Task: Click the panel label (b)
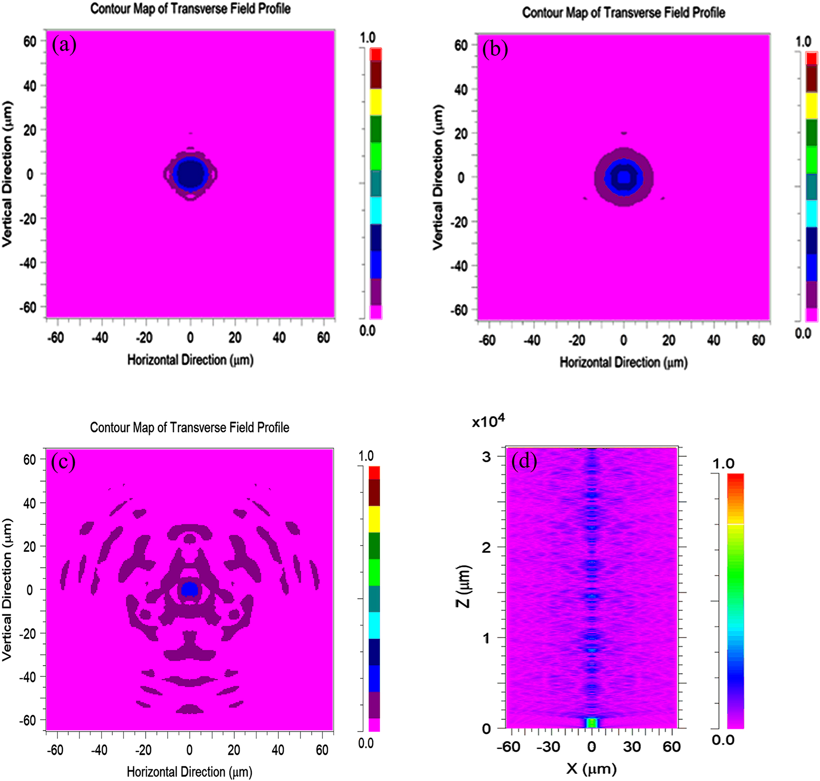coord(495,49)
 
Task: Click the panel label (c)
coord(63,462)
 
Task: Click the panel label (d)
coord(524,461)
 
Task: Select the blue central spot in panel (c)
coord(189,589)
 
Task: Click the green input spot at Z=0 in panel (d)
coord(592,723)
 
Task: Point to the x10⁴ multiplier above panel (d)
coord(488,422)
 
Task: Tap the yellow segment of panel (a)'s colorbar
coord(376,102)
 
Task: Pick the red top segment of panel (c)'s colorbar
coord(374,472)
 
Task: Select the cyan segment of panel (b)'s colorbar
coord(812,213)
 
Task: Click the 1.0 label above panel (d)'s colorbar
coord(723,464)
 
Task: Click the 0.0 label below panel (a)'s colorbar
coord(367,330)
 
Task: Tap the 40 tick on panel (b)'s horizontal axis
coord(714,340)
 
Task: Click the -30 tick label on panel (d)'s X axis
coord(549,747)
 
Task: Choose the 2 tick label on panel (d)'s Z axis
coord(486,547)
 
